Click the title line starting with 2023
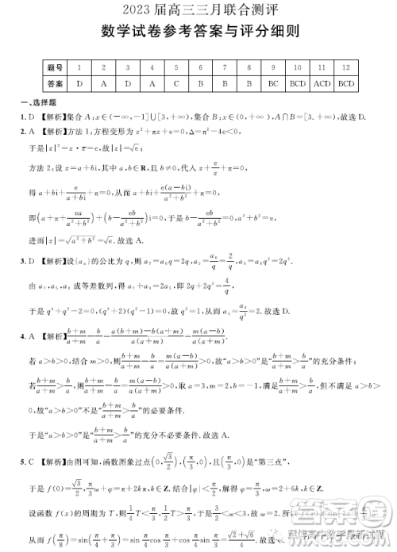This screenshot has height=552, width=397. (198, 10)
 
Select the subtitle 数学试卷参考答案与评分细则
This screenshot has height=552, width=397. (198, 32)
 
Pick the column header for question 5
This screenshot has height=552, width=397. (176, 69)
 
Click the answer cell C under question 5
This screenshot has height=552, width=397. (176, 82)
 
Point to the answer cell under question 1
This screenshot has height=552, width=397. (79, 82)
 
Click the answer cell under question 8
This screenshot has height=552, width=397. (249, 82)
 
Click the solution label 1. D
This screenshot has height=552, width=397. (26, 117)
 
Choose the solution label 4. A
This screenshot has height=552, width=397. (26, 336)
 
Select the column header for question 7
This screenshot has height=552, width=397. (225, 69)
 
